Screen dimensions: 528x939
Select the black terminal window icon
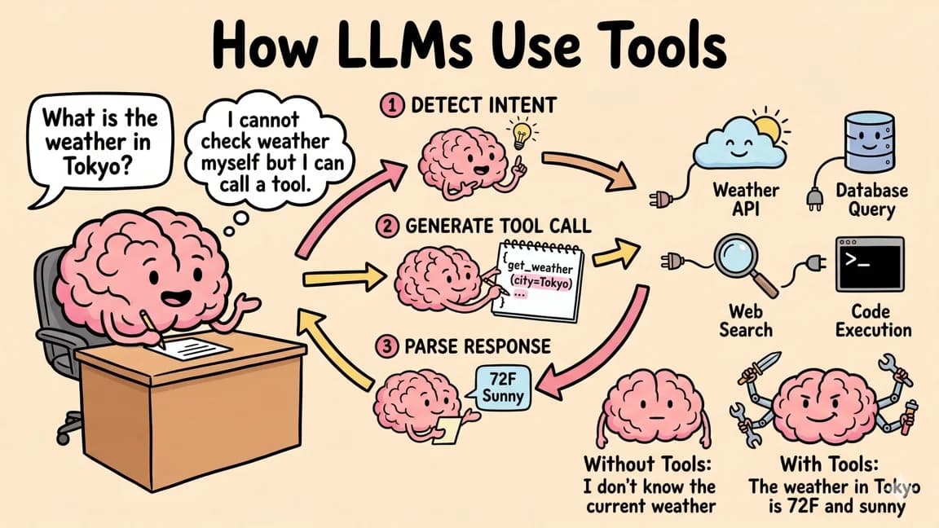(871, 264)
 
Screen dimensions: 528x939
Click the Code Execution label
(870, 320)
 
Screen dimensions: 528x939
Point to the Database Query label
(871, 200)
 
